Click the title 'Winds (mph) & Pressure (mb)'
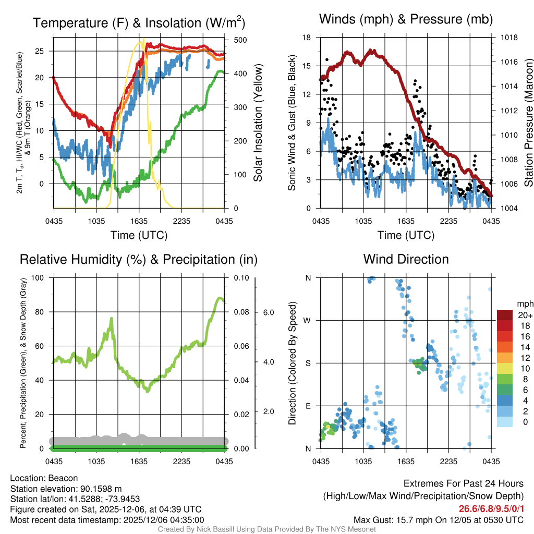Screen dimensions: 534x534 click(x=406, y=20)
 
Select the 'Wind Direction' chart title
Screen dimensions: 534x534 click(x=406, y=259)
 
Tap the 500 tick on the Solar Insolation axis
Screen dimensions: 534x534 click(x=240, y=40)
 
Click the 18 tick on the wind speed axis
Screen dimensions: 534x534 click(x=307, y=38)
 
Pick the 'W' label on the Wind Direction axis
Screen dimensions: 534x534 click(x=308, y=320)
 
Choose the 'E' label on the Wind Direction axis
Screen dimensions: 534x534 click(x=308, y=406)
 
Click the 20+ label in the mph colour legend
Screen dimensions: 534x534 click(x=525, y=315)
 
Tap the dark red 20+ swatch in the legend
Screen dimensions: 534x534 click(x=505, y=315)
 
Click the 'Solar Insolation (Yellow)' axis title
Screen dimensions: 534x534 click(x=258, y=123)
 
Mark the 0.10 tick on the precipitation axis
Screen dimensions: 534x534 click(x=240, y=278)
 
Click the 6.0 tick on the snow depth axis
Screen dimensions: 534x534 click(x=268, y=312)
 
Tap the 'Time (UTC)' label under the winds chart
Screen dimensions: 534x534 click(x=406, y=235)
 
